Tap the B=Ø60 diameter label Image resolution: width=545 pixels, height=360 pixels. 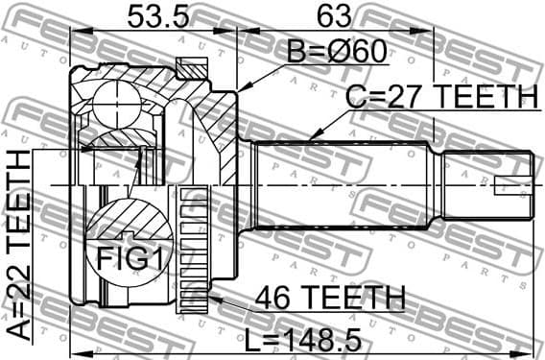[x=330, y=51]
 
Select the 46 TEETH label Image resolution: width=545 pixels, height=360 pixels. [x=323, y=299]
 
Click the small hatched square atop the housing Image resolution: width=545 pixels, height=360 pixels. [x=194, y=67]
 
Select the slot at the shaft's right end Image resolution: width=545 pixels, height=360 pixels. [x=512, y=185]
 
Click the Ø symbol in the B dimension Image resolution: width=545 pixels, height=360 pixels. [x=340, y=51]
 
